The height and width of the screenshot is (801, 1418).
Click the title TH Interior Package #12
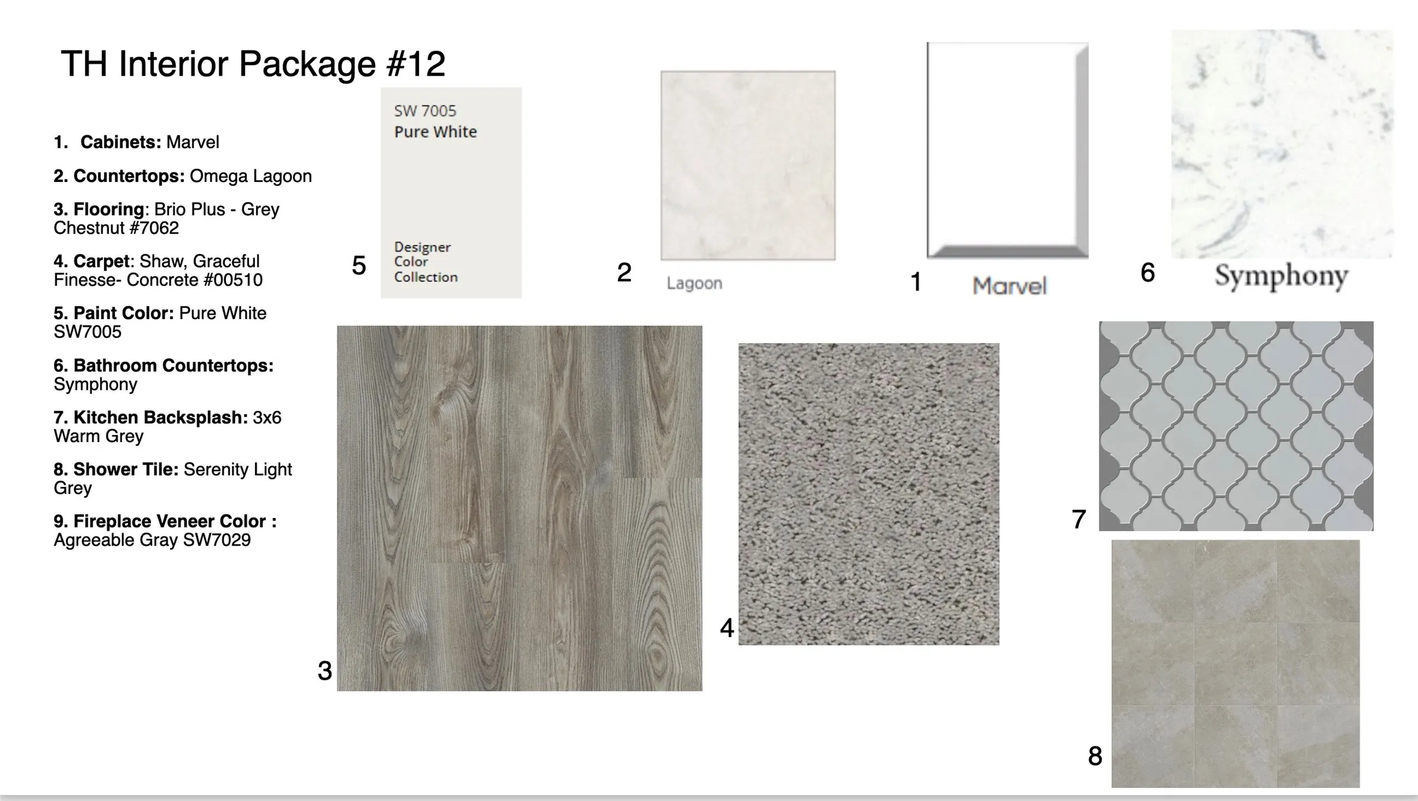pos(253,64)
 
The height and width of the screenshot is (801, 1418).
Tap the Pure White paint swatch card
pos(451,192)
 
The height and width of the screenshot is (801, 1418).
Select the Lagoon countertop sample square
pos(748,165)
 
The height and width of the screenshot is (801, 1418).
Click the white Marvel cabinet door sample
pos(1008,150)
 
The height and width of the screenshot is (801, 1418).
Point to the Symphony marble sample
pos(1282,144)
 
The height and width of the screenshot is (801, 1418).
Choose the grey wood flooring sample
pos(520,508)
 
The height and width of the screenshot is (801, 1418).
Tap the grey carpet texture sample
pos(869,494)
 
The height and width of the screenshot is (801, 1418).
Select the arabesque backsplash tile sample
pos(1236,426)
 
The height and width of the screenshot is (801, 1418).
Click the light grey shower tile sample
pos(1235,663)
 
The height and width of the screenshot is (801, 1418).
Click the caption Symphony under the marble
pos(1281,277)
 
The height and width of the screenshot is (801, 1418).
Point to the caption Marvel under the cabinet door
pos(1010,286)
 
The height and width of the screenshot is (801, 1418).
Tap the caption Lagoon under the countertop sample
pos(695,283)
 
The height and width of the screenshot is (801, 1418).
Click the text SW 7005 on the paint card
pos(425,111)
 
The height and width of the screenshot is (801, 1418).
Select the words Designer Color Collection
pos(426,262)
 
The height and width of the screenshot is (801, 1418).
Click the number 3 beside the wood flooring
pos(325,671)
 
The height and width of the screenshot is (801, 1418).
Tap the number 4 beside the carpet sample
pos(727,628)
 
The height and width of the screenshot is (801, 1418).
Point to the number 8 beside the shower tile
pos(1095,756)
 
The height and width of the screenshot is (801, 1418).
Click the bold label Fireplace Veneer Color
pos(170,521)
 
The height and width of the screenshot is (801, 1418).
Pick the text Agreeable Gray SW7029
pos(152,540)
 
